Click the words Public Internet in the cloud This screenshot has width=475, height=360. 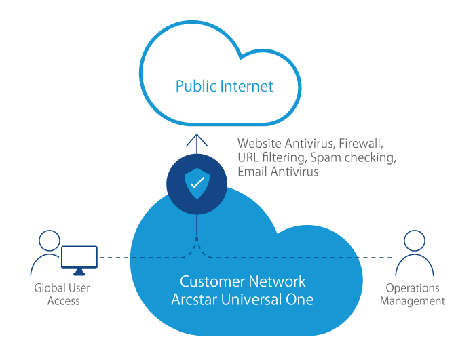(224, 86)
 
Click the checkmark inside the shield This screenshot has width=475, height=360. (197, 182)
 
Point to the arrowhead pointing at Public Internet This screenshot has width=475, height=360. (197, 140)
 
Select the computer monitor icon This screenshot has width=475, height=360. (79, 258)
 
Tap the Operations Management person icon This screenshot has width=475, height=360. (413, 254)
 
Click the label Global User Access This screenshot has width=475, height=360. (62, 294)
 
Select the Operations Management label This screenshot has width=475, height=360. (413, 294)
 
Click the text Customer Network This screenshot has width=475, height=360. (242, 281)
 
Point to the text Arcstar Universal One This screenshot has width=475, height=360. (242, 299)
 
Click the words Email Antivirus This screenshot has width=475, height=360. (278, 172)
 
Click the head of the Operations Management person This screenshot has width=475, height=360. (413, 241)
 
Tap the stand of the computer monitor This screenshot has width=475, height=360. (79, 273)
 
